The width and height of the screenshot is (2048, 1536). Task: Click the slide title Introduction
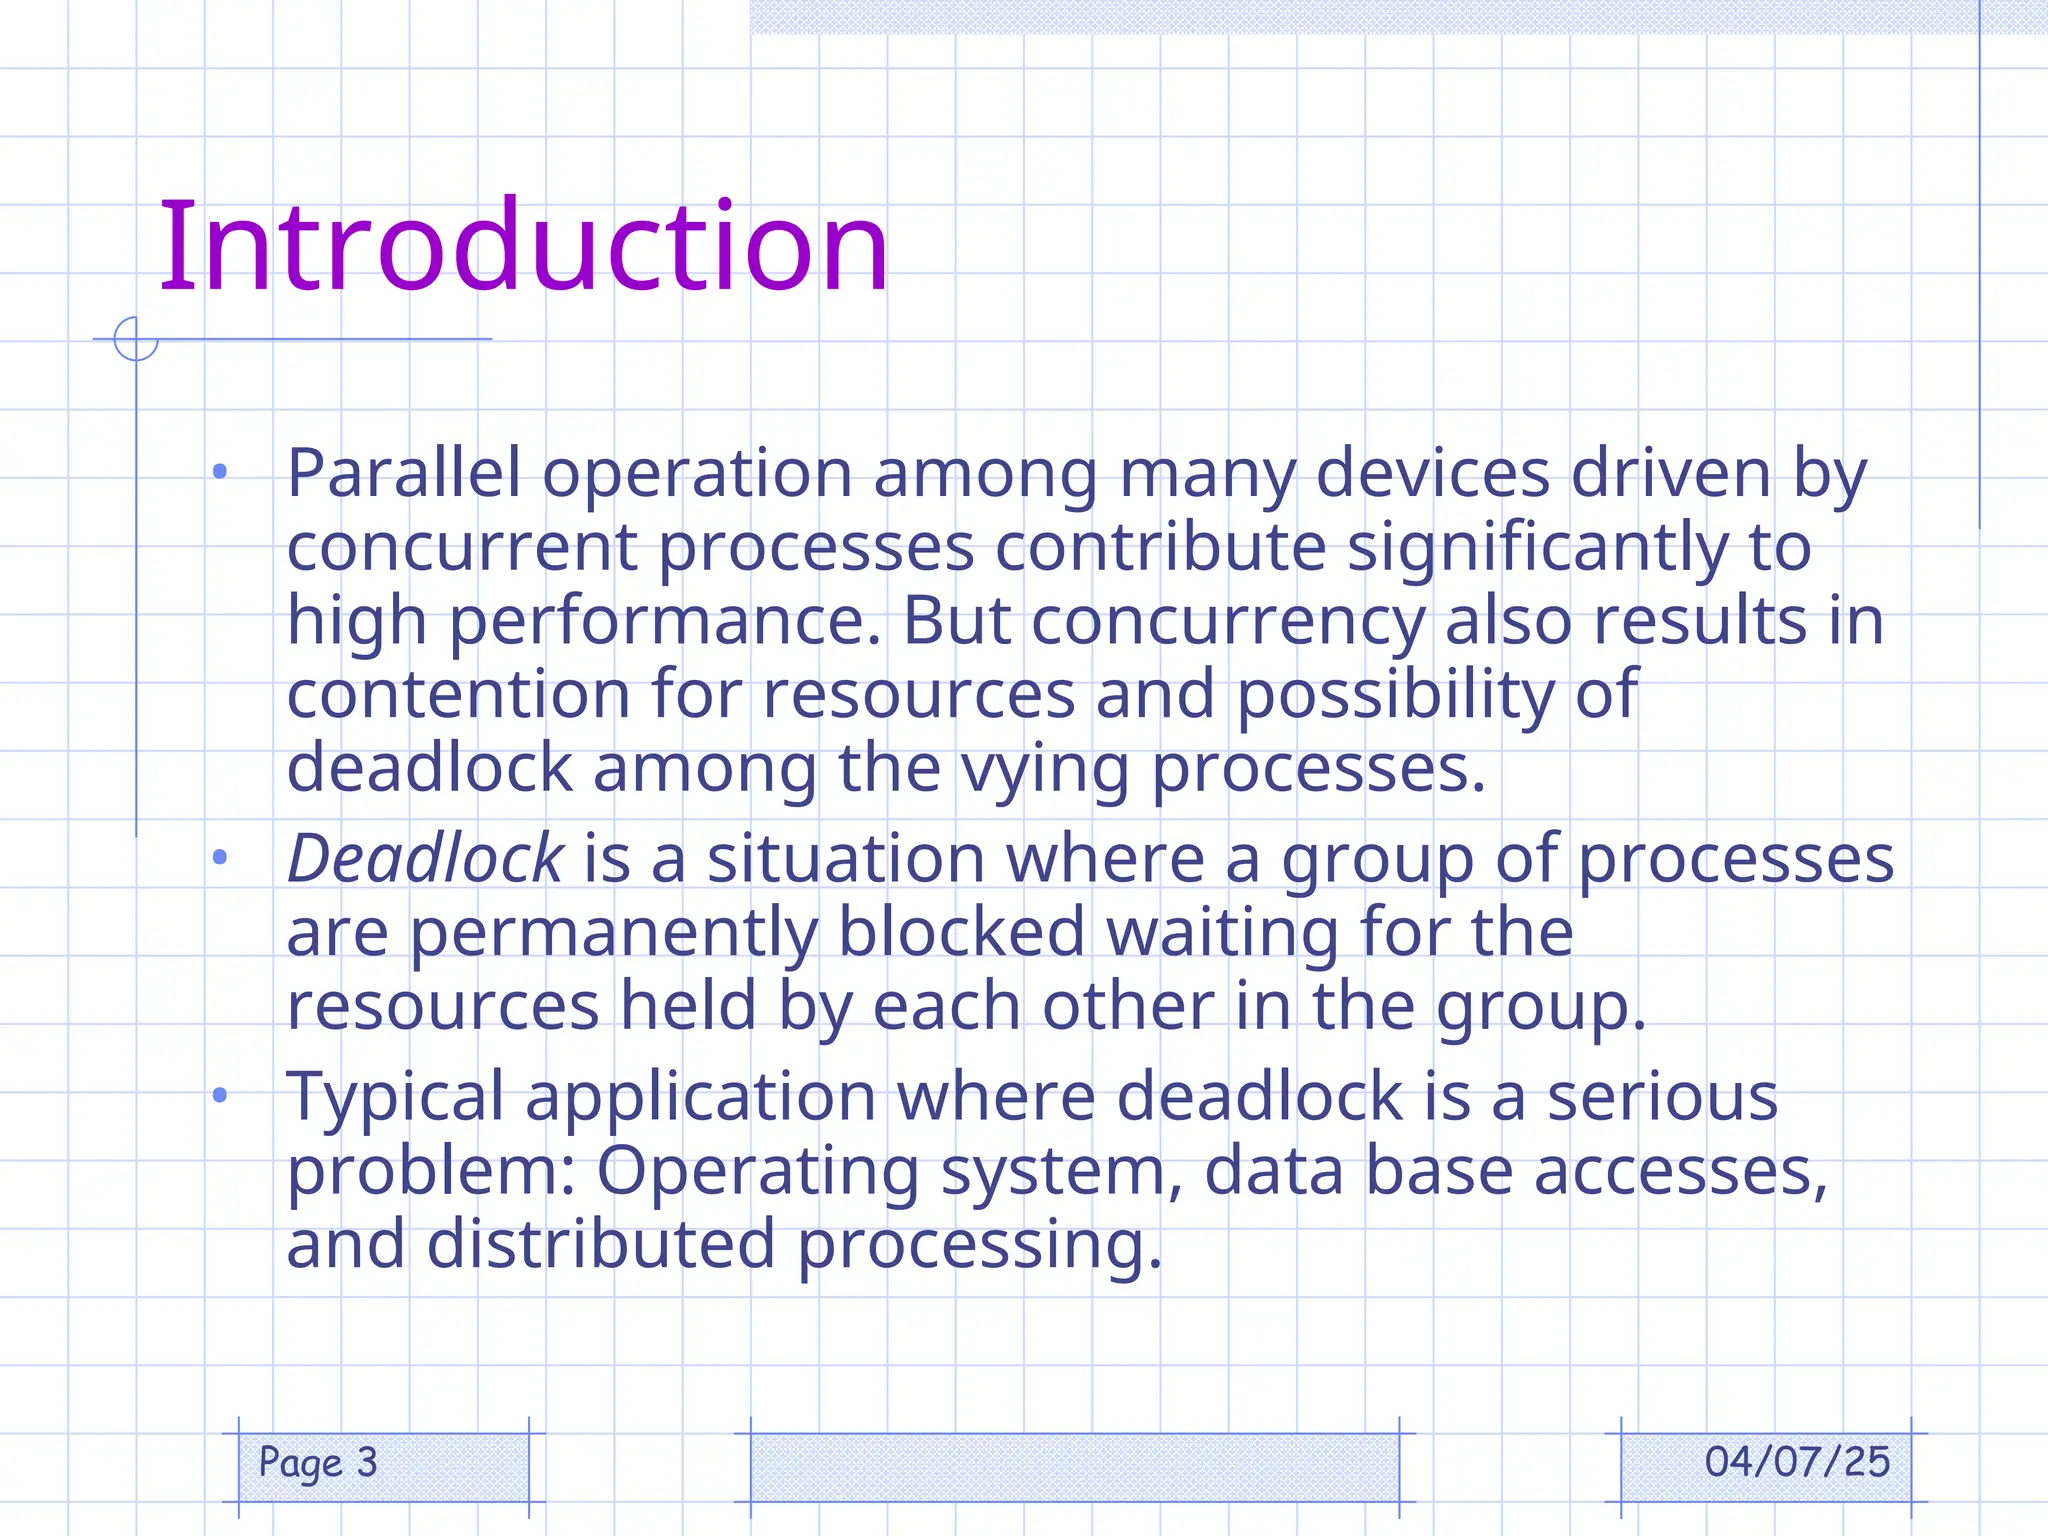524,247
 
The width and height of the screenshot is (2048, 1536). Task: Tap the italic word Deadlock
426,858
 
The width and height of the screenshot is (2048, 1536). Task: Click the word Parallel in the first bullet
404,473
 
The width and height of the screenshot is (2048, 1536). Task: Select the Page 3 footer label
318,1462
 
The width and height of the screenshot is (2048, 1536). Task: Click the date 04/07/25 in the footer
1797,1462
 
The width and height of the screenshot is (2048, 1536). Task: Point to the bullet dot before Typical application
220,1096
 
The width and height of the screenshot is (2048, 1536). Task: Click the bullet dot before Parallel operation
220,471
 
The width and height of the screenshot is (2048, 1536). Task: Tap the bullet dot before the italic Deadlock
220,857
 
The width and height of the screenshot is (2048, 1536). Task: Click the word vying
1044,769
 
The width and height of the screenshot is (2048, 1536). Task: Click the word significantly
1538,548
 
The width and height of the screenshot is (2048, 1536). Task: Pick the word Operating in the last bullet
757,1171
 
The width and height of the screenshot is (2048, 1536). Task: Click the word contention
458,694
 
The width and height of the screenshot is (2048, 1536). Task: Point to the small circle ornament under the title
136,339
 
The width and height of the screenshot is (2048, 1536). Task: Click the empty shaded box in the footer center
1074,1467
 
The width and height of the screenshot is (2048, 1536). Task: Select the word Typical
395,1097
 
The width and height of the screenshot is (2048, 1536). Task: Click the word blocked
961,932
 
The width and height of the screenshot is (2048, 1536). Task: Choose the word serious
1662,1096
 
